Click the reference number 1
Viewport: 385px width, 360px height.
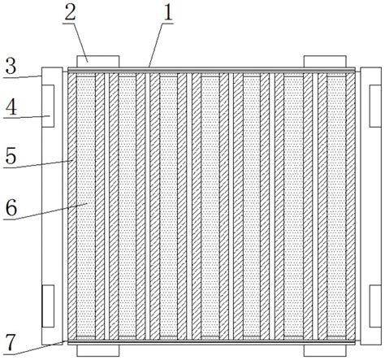coord(168,12)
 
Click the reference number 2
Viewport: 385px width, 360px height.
coord(70,12)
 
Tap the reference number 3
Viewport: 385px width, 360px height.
coord(11,66)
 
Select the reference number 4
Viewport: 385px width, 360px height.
coord(11,106)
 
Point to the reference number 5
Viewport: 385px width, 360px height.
coord(11,156)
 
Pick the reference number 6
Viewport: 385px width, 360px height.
coord(11,208)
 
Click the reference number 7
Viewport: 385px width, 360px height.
coord(11,342)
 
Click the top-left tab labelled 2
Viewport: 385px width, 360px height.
coord(98,62)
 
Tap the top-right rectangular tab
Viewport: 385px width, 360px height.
coord(325,62)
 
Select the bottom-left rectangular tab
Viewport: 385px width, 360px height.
coord(98,350)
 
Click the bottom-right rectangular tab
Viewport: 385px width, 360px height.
coord(325,350)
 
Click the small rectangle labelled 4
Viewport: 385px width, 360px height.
coord(48,106)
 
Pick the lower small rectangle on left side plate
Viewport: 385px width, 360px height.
coord(48,306)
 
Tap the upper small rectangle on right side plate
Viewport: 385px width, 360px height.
coord(375,106)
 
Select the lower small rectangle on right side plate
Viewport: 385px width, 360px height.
coord(375,306)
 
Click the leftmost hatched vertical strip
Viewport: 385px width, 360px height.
coord(72,206)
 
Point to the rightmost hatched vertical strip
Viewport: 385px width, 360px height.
coord(351,206)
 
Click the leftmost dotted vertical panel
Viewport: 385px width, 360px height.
coord(86,206)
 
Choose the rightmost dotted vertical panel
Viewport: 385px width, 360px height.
coord(336,206)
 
